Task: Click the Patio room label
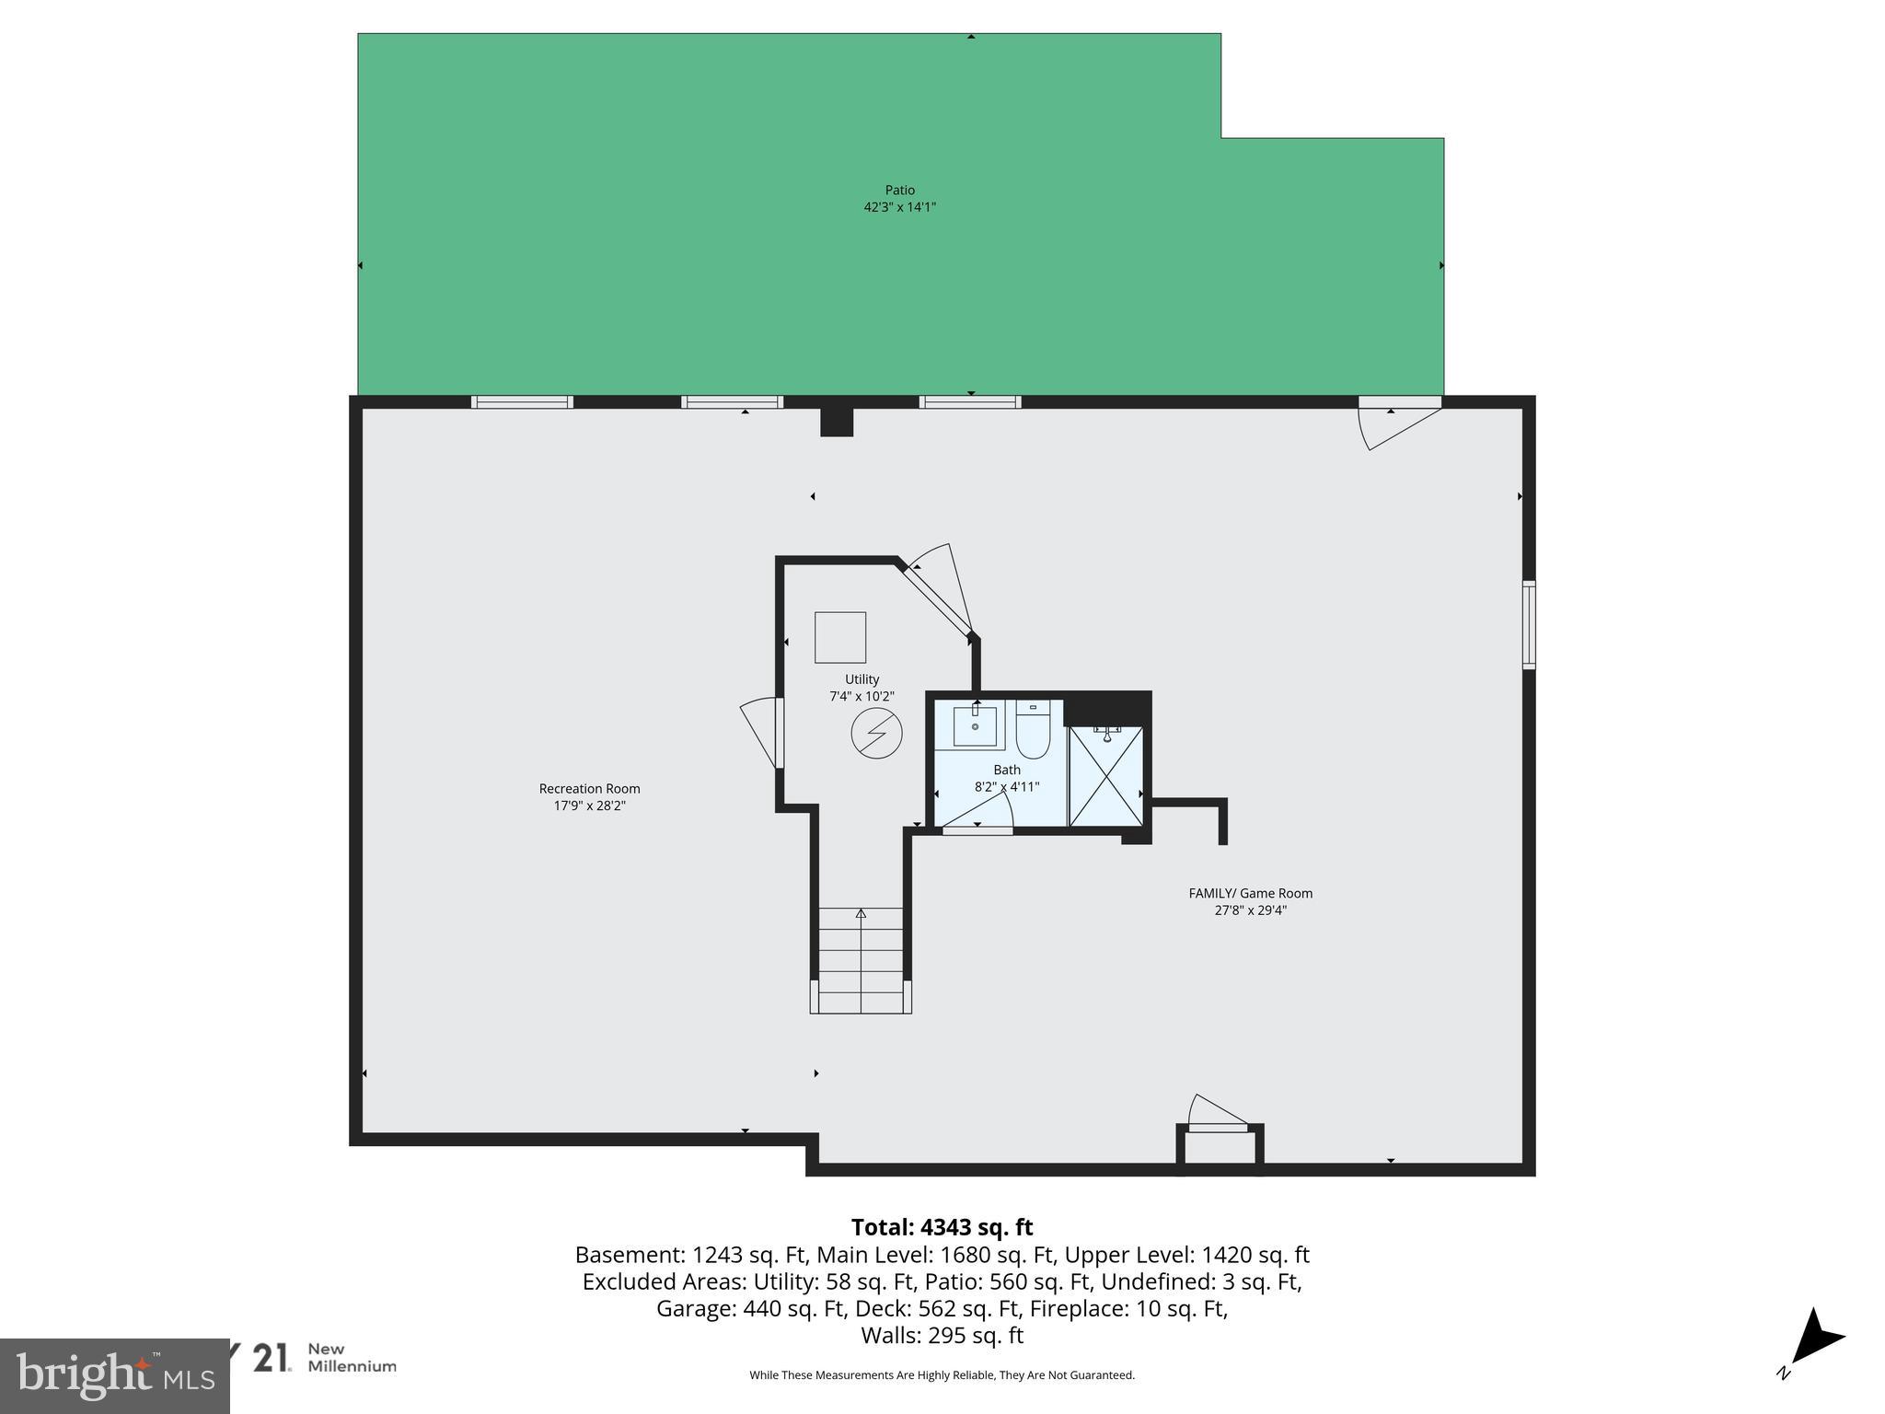tap(899, 191)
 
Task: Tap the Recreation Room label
tap(589, 789)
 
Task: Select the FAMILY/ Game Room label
tap(1250, 893)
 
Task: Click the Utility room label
tap(862, 679)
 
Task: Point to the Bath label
tap(1006, 770)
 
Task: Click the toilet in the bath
tap(1033, 732)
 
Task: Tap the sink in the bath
tap(975, 726)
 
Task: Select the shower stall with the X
tap(1105, 776)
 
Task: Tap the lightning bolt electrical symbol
tap(876, 733)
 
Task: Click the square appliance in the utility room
tap(840, 637)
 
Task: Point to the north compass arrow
tap(1813, 1340)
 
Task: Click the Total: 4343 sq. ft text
tap(942, 1227)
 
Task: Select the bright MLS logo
tap(114, 1375)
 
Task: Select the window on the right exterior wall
tap(1528, 623)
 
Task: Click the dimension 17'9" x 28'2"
tap(589, 806)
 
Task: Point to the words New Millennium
tap(352, 1358)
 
